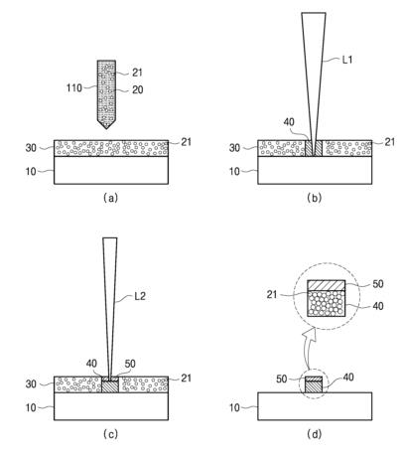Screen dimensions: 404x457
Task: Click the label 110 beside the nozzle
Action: pos(74,88)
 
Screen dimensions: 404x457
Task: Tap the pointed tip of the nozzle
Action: pos(106,128)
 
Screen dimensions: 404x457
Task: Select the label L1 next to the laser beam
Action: pos(347,60)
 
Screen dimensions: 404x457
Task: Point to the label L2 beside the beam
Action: pos(140,296)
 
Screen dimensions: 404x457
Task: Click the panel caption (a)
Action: pos(110,198)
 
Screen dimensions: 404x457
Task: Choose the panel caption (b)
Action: pos(314,198)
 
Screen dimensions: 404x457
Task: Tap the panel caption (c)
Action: pos(110,434)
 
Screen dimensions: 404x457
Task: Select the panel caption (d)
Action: pos(314,434)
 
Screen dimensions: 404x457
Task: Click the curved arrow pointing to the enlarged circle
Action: pos(309,348)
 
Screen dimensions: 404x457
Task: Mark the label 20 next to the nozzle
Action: pos(138,89)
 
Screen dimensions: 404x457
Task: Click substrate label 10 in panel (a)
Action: pos(31,172)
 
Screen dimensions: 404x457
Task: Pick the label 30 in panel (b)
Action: pos(234,148)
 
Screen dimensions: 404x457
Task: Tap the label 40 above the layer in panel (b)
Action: pos(289,122)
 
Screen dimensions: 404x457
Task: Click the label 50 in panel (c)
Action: pos(130,364)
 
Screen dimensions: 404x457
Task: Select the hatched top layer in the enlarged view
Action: pos(327,285)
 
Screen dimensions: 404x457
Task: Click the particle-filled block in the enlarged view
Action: pos(327,304)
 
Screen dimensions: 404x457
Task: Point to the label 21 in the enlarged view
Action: pos(272,294)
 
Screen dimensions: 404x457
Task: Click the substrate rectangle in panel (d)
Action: pos(315,406)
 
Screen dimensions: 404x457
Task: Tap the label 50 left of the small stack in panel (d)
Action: pos(282,379)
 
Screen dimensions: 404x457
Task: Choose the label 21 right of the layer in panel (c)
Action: pos(187,378)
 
